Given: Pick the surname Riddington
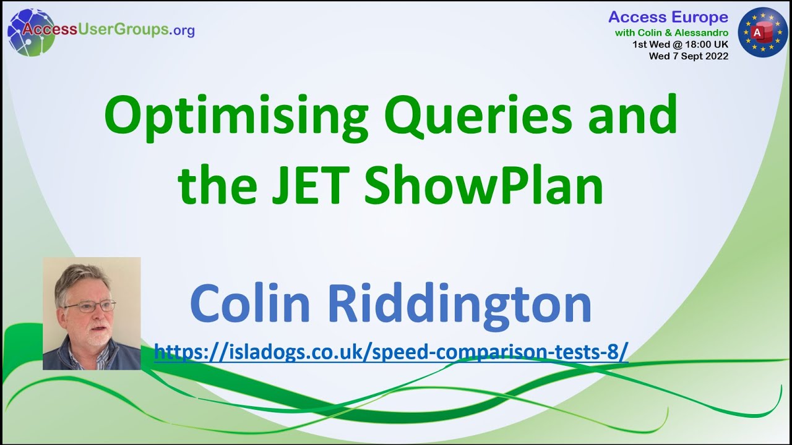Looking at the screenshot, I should click(x=459, y=303).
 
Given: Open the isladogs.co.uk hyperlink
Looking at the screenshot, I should click(x=391, y=352).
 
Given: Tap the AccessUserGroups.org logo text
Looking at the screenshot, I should click(x=109, y=30).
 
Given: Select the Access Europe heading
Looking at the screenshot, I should click(x=668, y=17).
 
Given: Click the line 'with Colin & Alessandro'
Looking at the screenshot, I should click(x=671, y=32).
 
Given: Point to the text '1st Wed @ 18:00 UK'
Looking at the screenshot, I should click(x=680, y=44).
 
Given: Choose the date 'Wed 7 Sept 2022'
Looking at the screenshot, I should click(x=688, y=56).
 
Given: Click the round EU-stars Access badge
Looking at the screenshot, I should click(x=762, y=32).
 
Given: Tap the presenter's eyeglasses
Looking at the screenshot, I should click(x=90, y=306).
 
